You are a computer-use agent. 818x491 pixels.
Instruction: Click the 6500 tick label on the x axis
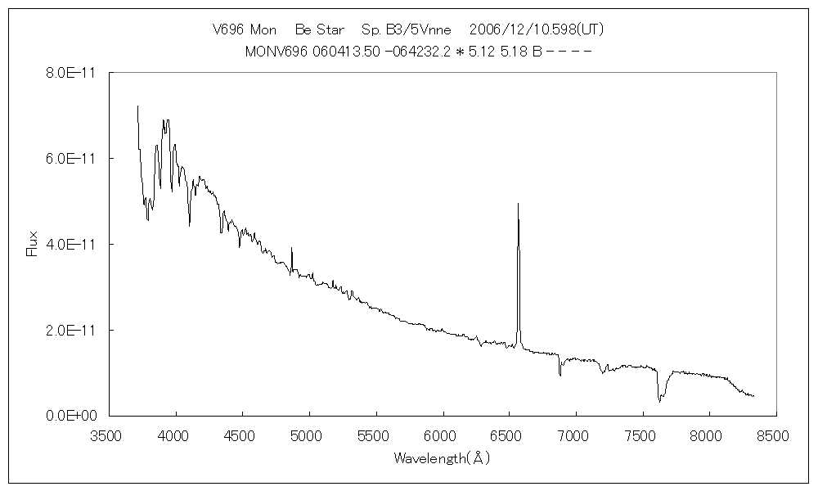[x=509, y=435]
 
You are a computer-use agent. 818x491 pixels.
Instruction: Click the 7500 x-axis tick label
[x=642, y=435]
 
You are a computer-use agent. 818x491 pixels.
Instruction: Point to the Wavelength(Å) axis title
[x=442, y=458]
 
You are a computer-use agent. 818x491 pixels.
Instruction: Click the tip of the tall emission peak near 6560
[x=518, y=204]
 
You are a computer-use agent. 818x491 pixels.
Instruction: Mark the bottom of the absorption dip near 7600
[x=659, y=401]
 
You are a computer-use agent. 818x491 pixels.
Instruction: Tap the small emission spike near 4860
[x=291, y=248]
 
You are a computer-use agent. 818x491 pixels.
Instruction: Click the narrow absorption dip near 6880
[x=560, y=375]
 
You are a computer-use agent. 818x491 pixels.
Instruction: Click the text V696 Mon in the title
[x=244, y=29]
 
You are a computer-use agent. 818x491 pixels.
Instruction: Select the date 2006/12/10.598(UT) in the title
[x=537, y=29]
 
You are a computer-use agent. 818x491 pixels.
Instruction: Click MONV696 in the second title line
[x=275, y=51]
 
